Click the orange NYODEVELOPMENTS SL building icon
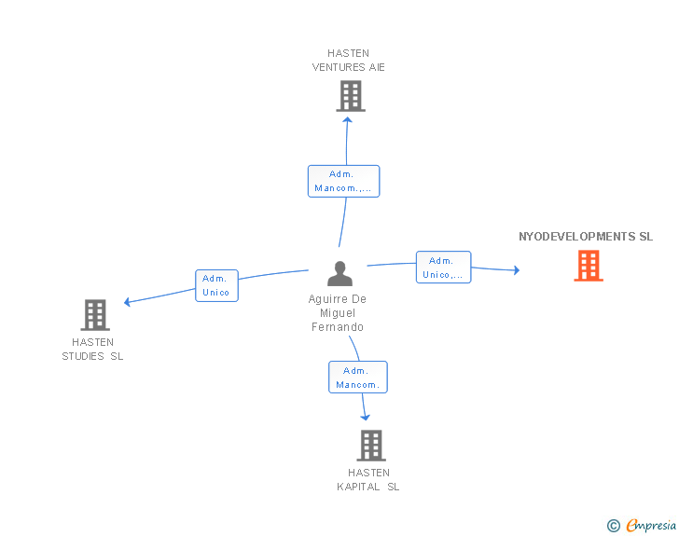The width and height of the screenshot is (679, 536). tap(589, 266)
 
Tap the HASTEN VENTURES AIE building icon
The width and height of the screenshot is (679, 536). tap(351, 96)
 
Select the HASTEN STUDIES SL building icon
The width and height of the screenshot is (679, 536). tap(95, 315)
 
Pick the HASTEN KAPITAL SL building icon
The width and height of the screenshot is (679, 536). tap(371, 445)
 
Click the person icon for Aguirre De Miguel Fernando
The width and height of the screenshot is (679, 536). tap(339, 274)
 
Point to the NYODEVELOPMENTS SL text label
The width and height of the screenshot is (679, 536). tap(586, 237)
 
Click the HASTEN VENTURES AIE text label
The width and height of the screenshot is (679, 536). tap(349, 61)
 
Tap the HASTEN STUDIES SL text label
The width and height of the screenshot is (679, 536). tap(92, 349)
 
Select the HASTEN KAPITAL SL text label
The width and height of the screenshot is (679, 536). tap(368, 480)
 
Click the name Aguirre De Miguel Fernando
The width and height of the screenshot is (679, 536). tap(338, 312)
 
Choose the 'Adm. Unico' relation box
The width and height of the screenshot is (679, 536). tap(216, 285)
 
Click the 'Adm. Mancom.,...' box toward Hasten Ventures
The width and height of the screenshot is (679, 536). tap(344, 181)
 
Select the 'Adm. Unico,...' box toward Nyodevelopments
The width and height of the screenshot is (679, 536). tap(443, 268)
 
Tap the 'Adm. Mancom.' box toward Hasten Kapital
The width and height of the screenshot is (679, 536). tap(358, 378)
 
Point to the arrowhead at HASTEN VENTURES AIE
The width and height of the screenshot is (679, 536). tap(347, 119)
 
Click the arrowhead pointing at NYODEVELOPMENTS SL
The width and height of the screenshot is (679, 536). tap(517, 270)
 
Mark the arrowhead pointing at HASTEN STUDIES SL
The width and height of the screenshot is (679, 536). tap(127, 302)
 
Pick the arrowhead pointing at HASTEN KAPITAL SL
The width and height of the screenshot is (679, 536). tap(366, 418)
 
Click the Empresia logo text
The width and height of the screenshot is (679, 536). tap(651, 525)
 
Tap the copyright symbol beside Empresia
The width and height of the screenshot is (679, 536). tap(614, 526)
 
